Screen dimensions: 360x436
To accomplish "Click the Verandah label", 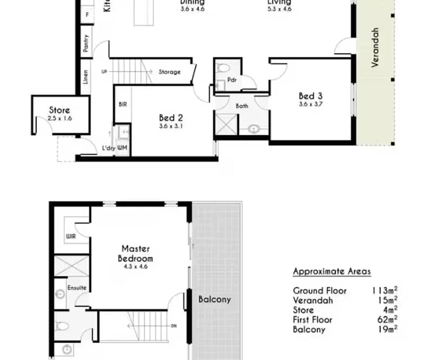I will (x=375, y=47).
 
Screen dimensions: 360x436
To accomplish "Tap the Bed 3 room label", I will (x=310, y=96).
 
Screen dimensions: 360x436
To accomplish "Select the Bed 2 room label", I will (x=171, y=118).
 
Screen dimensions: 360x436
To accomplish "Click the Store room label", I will (x=60, y=111).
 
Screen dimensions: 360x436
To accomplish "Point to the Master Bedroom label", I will (x=136, y=253).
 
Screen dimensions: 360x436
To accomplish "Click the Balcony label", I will (x=214, y=299).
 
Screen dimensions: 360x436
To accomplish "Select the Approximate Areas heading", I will (x=332, y=272).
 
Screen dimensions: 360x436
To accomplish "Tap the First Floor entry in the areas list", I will (x=313, y=319).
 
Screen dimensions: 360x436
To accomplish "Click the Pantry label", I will (x=86, y=43).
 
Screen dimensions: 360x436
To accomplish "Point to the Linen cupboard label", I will (x=85, y=77).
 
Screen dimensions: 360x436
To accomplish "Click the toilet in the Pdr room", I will (x=224, y=68).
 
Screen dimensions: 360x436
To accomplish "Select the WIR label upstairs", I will (x=71, y=237).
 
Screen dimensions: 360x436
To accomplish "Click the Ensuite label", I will (x=76, y=288).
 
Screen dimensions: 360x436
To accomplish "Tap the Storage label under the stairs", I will (x=170, y=72).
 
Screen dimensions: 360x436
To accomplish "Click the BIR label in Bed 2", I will (x=122, y=104).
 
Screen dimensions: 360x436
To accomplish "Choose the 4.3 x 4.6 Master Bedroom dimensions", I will (x=135, y=267).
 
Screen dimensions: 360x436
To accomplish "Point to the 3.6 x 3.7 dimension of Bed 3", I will (x=310, y=104).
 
